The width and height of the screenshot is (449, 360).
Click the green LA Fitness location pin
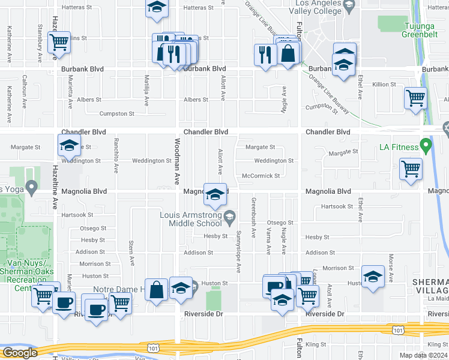tap(426, 145)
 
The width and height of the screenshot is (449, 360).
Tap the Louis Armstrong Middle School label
tap(190, 219)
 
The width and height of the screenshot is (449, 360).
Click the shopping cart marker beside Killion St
tap(415, 98)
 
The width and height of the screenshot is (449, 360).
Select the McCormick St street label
tap(261, 176)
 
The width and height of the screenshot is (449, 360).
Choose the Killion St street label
tap(384, 85)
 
